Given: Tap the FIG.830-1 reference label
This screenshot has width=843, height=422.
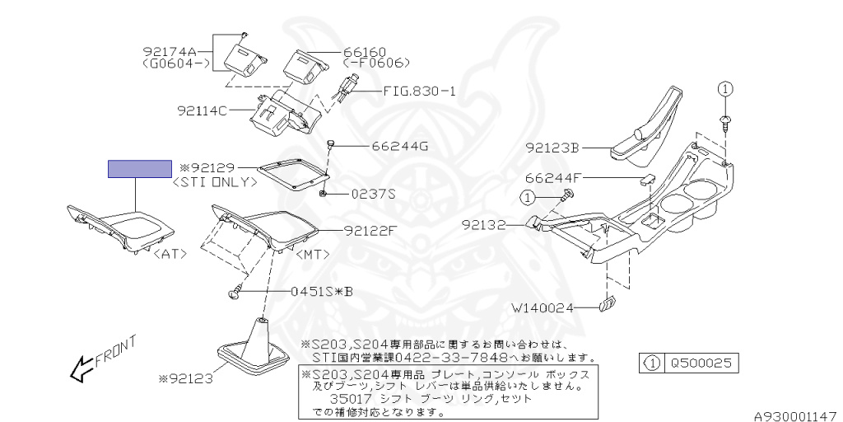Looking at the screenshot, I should [419, 91].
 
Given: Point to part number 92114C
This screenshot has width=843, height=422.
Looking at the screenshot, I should [202, 110].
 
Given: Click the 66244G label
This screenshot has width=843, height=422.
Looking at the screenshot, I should [400, 147].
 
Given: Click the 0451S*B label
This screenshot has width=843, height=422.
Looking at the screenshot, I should [322, 292].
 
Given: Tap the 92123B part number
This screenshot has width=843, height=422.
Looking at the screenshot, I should [553, 149].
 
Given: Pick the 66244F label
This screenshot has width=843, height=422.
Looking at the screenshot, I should [553, 177].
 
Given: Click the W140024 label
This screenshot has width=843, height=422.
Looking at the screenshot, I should [543, 309].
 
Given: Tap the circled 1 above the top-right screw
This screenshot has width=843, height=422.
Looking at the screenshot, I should [724, 88].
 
